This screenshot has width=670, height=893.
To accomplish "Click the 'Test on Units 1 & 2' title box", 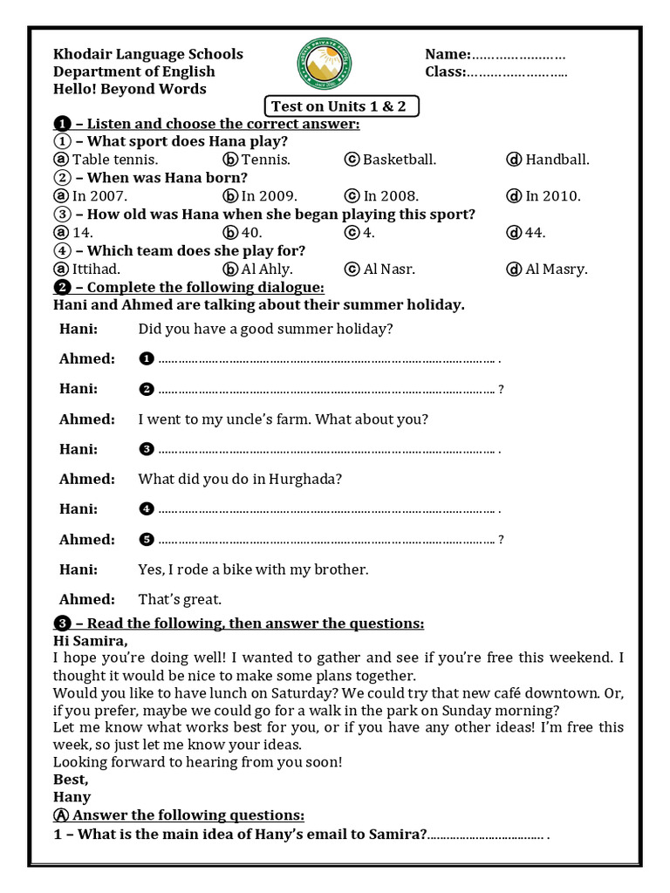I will click(342, 106).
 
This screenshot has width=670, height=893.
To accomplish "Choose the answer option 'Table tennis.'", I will click(114, 160).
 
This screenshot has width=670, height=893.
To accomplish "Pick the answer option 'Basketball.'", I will click(400, 160).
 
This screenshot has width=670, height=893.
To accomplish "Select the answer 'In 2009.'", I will click(269, 196).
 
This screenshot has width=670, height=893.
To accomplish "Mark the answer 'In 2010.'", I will click(552, 196).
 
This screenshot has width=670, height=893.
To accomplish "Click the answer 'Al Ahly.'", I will click(267, 269).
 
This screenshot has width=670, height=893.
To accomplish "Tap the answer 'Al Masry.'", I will click(556, 269).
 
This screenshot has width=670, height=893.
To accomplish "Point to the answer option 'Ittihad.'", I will click(96, 269).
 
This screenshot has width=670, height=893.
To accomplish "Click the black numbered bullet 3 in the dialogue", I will click(147, 449).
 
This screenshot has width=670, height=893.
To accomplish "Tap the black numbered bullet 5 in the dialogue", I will click(147, 540).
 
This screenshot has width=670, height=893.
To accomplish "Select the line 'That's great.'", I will click(180, 599).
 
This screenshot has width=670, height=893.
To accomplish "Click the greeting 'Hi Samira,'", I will click(90, 641).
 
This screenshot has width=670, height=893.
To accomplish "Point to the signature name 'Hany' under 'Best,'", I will click(72, 796).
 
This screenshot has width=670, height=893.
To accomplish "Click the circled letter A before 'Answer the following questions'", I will click(60, 815).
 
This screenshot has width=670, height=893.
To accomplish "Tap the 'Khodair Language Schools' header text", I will click(147, 54).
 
